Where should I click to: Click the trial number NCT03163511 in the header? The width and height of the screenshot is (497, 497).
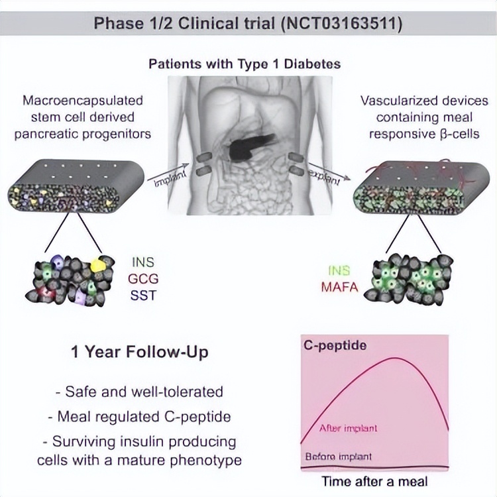pyautogui.click(x=342, y=24)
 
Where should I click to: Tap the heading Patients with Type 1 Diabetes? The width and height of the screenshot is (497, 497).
pyautogui.click(x=245, y=64)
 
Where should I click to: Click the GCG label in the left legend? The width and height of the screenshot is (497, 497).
pyautogui.click(x=143, y=279)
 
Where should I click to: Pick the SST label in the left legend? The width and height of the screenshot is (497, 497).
pyautogui.click(x=143, y=296)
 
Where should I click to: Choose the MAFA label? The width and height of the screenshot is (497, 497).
pyautogui.click(x=339, y=287)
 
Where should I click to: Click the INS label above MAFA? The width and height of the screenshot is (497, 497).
pyautogui.click(x=339, y=270)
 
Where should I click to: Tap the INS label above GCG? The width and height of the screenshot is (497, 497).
pyautogui.click(x=143, y=262)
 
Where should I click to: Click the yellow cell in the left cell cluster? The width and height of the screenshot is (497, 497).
pyautogui.click(x=97, y=264)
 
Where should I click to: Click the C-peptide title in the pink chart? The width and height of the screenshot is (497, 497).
pyautogui.click(x=335, y=345)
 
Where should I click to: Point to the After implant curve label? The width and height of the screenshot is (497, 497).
pyautogui.click(x=349, y=428)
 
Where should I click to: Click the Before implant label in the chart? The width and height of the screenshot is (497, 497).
pyautogui.click(x=338, y=457)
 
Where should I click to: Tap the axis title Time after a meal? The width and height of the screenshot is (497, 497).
pyautogui.click(x=374, y=481)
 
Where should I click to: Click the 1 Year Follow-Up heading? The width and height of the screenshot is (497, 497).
pyautogui.click(x=139, y=352)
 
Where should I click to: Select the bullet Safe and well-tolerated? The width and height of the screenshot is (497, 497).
pyautogui.click(x=139, y=392)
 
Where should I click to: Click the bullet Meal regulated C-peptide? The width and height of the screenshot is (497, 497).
pyautogui.click(x=139, y=417)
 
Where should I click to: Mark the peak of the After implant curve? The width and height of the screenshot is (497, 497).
pyautogui.click(x=395, y=358)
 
